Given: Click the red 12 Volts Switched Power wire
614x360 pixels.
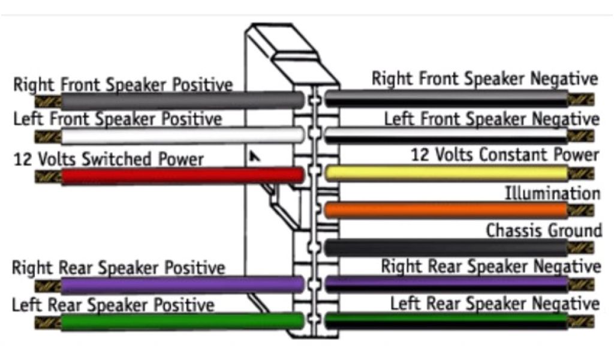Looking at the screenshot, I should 180,175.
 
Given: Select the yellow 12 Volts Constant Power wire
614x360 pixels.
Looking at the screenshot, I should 447,173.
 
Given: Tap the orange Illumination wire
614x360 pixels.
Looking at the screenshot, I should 447,210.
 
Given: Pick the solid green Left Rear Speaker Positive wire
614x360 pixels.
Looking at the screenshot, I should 180,322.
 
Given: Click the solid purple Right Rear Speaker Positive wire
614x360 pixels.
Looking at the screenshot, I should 180,284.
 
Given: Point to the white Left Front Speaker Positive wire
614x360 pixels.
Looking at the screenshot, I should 180,135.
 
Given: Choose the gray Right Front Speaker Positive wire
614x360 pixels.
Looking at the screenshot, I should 180,100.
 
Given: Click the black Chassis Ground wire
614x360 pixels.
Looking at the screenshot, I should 447,247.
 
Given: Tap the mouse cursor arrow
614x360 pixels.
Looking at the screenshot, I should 254,156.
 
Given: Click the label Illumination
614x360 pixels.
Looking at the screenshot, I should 552,193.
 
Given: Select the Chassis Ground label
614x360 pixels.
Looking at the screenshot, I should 543,230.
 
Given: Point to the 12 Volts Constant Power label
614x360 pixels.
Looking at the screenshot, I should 504,155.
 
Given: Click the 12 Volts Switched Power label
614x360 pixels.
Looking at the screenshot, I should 109,159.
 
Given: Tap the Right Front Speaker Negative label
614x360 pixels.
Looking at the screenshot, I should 484,79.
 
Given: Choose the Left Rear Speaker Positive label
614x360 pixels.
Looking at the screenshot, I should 113,305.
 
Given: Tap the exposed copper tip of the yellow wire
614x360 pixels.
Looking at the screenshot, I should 581,173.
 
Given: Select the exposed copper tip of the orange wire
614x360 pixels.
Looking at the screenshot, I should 581,210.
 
